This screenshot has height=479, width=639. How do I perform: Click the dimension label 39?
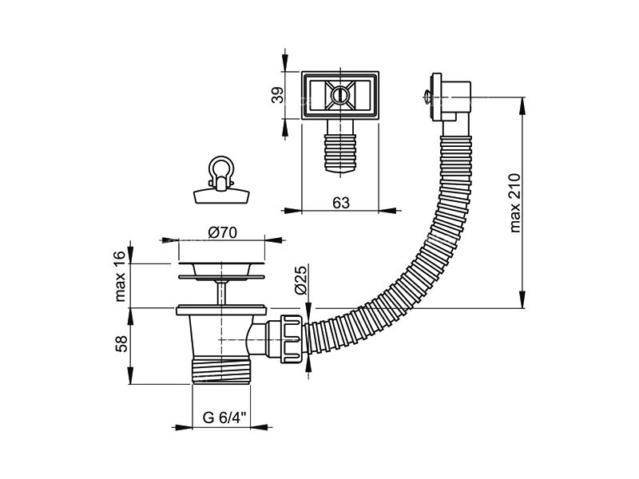[277, 96]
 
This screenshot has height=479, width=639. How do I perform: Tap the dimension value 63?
[341, 203]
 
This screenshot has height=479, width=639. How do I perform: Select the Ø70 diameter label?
[223, 232]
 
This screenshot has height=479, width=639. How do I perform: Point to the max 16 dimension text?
[121, 276]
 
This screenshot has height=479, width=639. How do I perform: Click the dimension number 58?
[121, 343]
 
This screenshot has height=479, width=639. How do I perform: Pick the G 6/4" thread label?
[224, 418]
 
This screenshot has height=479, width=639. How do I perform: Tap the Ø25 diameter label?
[301, 280]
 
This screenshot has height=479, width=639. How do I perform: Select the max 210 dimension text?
[515, 203]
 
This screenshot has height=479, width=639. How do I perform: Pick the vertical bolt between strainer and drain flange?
[221, 292]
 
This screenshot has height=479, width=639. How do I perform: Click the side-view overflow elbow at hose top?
[451, 97]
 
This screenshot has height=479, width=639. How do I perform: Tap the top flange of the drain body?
[221, 310]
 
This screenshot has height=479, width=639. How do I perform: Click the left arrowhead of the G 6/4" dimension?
[182, 427]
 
